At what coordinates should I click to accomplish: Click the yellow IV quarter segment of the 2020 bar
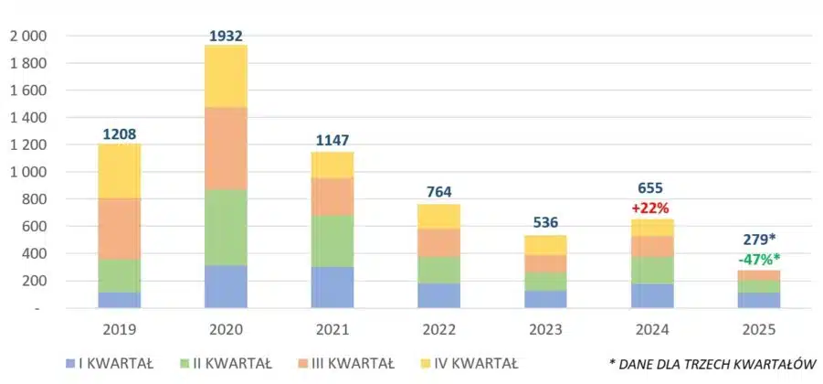[226, 76]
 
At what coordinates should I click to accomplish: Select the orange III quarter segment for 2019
[119, 229]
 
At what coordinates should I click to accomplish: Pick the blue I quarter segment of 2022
[438, 295]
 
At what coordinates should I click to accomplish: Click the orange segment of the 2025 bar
[758, 275]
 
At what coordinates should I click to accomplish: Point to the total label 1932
[226, 35]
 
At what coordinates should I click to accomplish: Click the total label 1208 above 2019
[119, 133]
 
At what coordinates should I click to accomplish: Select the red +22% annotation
[651, 208]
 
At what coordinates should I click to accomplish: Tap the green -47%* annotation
[759, 259]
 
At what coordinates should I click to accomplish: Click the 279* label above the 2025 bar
[759, 240]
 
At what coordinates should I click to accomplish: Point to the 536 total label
[545, 222]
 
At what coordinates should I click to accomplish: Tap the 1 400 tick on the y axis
[28, 117]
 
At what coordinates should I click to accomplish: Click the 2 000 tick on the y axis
[28, 36]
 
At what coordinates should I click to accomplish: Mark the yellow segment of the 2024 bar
[651, 228]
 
